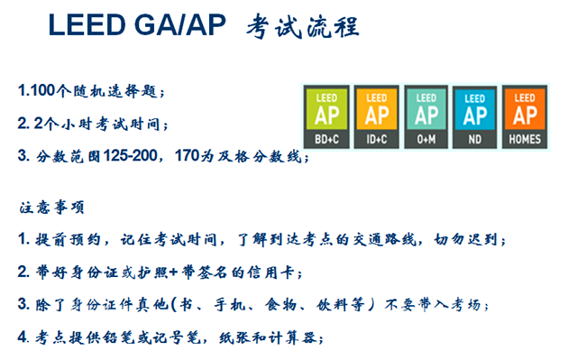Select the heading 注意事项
coord(52,208)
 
